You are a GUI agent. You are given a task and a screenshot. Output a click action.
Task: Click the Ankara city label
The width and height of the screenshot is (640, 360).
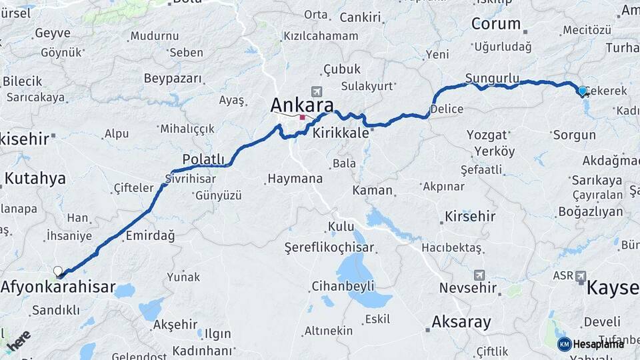point(302,105)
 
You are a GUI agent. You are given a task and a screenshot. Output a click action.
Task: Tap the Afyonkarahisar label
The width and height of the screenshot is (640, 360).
point(58,288)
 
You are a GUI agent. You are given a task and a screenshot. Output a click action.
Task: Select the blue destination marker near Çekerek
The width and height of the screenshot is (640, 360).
point(582,91)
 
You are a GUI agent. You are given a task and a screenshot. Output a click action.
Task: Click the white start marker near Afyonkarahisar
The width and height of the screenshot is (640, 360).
point(58,271)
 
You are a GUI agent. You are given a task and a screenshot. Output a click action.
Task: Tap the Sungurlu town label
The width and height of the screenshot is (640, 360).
point(492,79)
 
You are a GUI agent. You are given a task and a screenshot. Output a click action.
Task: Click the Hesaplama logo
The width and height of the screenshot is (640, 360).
point(591,344)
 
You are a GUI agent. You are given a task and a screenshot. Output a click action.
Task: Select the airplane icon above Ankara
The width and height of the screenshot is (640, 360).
point(316,91)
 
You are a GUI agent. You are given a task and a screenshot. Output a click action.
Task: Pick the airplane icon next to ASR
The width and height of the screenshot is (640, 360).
point(580,275)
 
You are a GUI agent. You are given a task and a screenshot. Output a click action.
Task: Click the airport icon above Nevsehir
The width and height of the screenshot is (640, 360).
point(479,275)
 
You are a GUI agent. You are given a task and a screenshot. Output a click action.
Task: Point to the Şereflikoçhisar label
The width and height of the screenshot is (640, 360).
point(329,247)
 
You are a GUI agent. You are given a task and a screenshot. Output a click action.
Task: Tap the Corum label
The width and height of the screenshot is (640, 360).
point(496,24)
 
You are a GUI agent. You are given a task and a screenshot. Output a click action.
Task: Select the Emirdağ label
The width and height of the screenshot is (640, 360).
point(150,235)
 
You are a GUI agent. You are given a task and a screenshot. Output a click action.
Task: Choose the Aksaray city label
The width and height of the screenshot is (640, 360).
point(461,322)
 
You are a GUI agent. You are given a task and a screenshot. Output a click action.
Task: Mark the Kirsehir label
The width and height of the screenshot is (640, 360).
point(470,217)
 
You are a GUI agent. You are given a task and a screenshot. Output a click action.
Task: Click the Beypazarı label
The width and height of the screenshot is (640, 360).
point(173,79)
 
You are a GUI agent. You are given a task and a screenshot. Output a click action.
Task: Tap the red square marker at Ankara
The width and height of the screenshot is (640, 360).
point(302,117)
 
